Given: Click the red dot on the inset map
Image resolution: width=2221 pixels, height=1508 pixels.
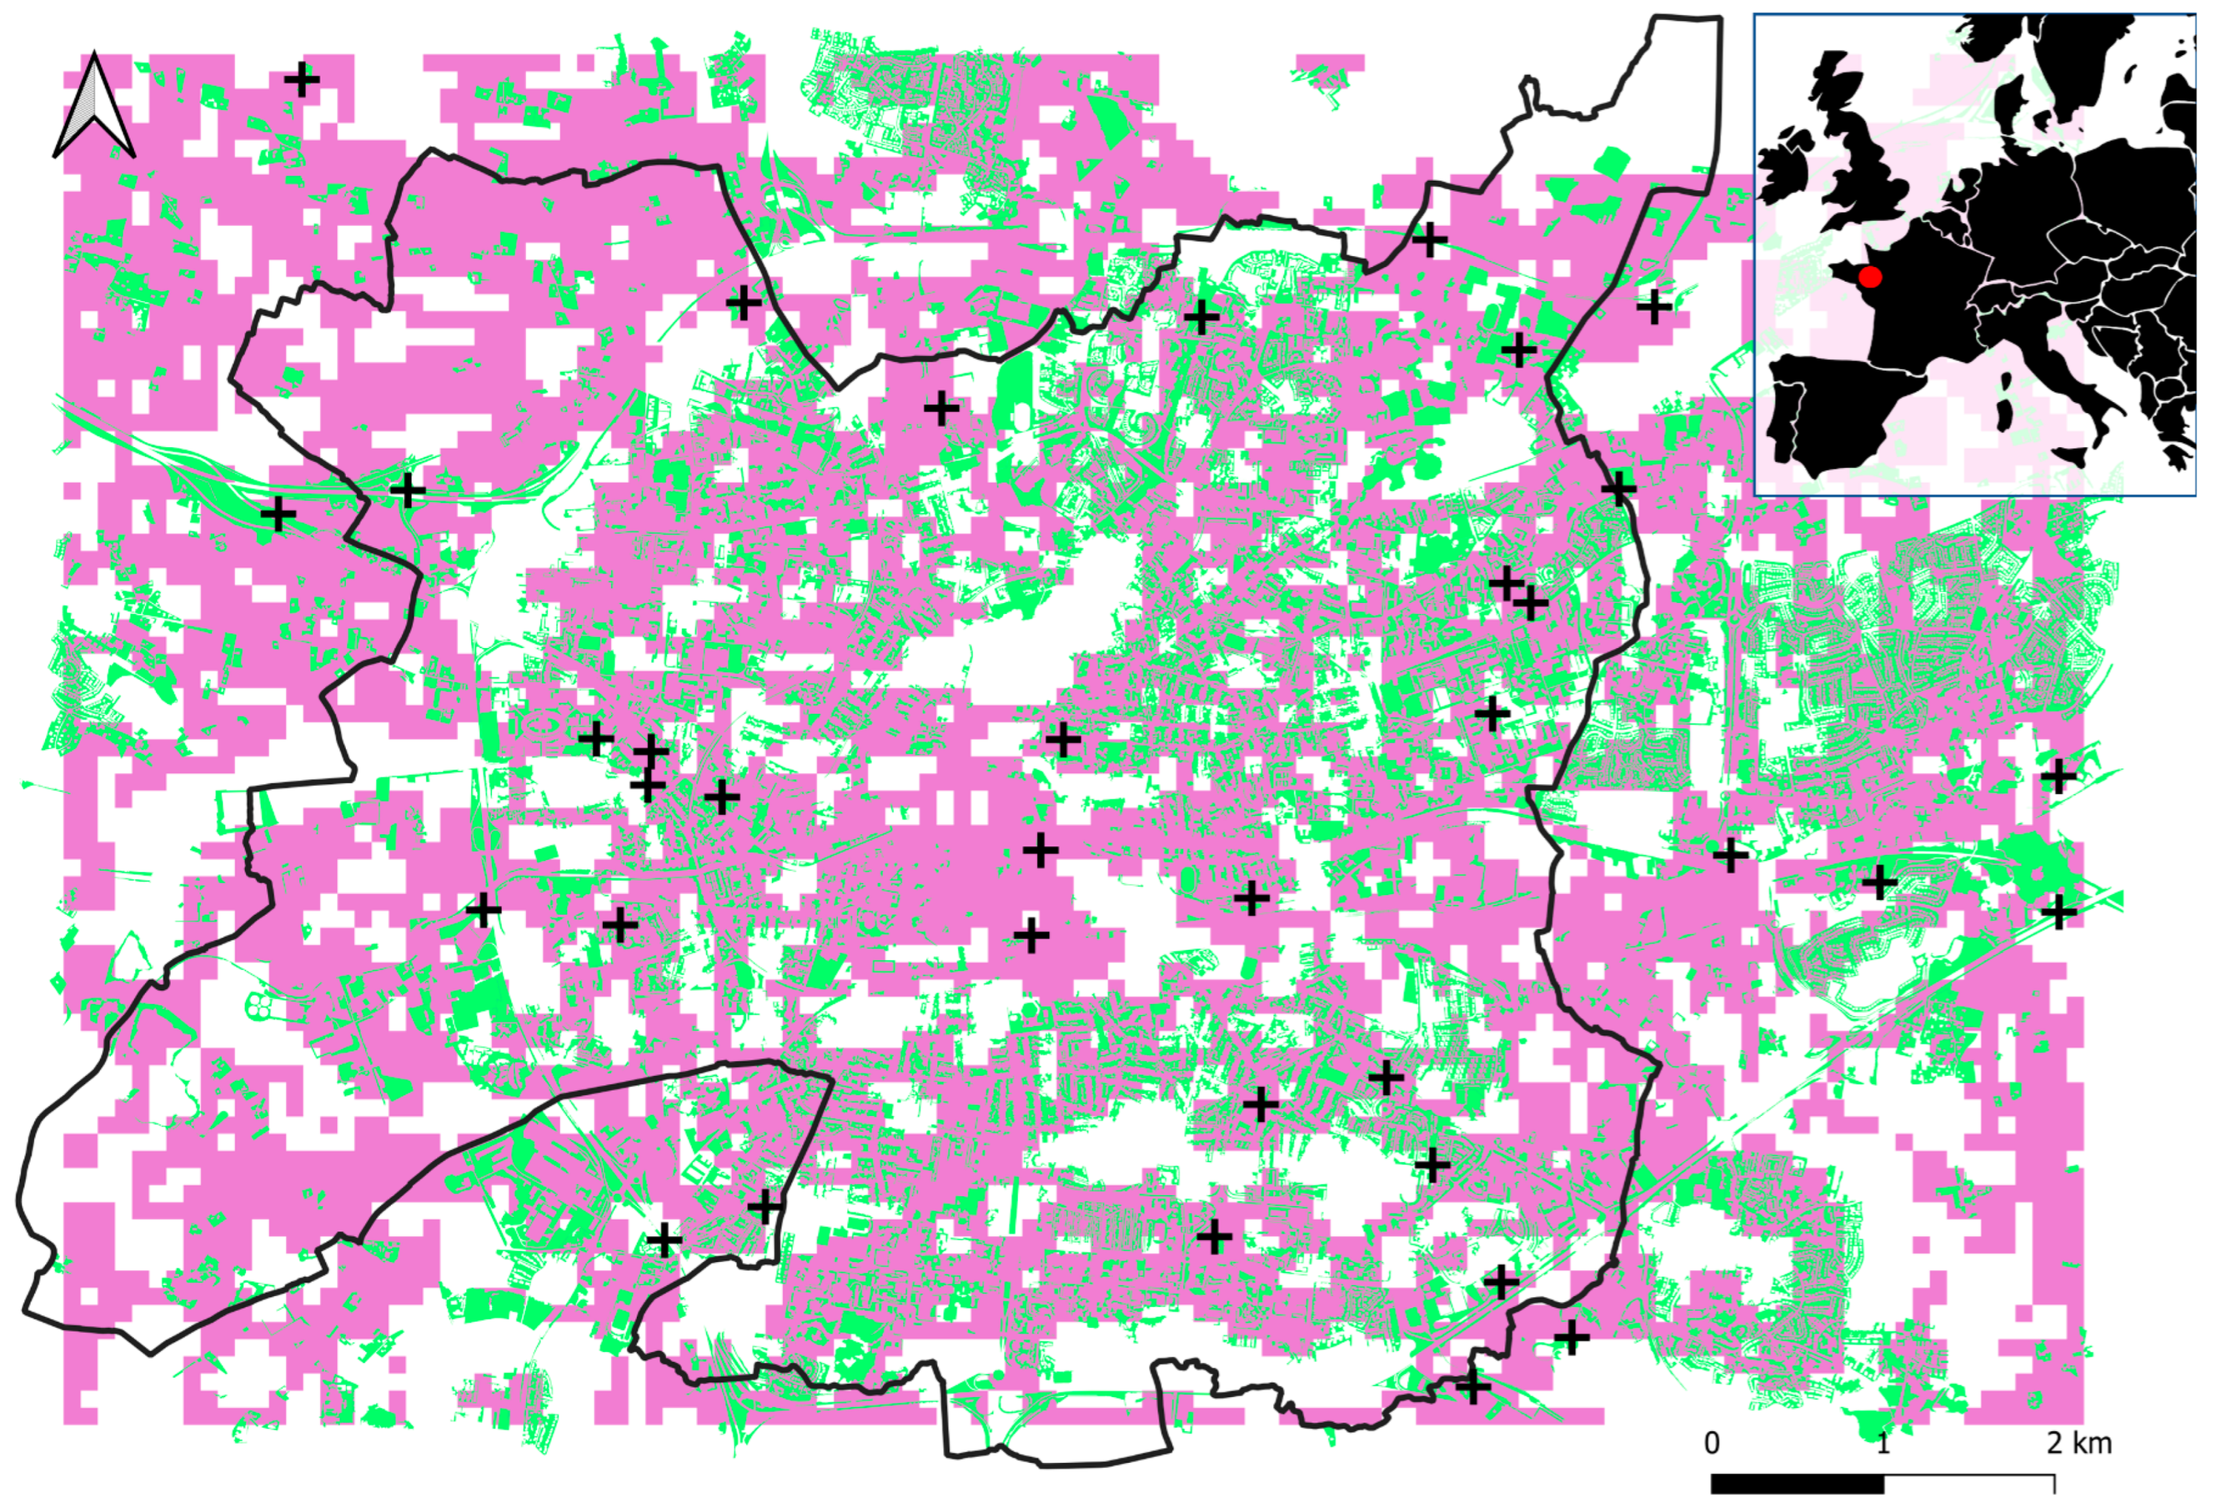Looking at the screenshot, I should click(x=1870, y=277).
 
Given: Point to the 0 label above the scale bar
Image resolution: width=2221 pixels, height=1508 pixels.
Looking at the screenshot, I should click(x=1712, y=1442).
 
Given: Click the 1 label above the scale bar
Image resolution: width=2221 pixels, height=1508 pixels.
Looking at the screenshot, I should click(x=1883, y=1442).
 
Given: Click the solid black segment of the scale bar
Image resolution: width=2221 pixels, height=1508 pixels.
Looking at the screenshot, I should click(x=1797, y=1484).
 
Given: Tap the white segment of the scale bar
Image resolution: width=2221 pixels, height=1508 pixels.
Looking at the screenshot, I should click(x=1969, y=1484).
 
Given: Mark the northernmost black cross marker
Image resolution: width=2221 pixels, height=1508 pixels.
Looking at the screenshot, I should click(x=302, y=80).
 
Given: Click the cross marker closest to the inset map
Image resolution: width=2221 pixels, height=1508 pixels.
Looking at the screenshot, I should click(x=1654, y=307).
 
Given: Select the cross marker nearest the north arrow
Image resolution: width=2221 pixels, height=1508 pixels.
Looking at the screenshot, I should click(x=302, y=80).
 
